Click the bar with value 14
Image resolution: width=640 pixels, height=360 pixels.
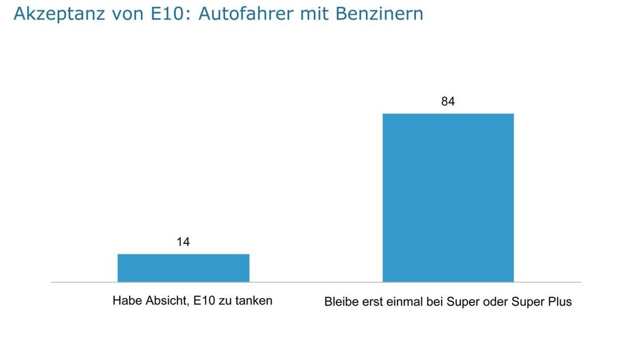tap(183, 268)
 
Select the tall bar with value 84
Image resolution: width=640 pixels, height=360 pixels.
tap(448, 197)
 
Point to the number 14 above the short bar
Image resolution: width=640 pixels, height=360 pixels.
tap(183, 242)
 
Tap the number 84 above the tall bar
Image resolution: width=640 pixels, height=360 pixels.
tap(448, 101)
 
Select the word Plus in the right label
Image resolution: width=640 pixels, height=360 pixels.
tap(559, 302)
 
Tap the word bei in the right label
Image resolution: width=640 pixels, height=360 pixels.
tap(429, 302)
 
